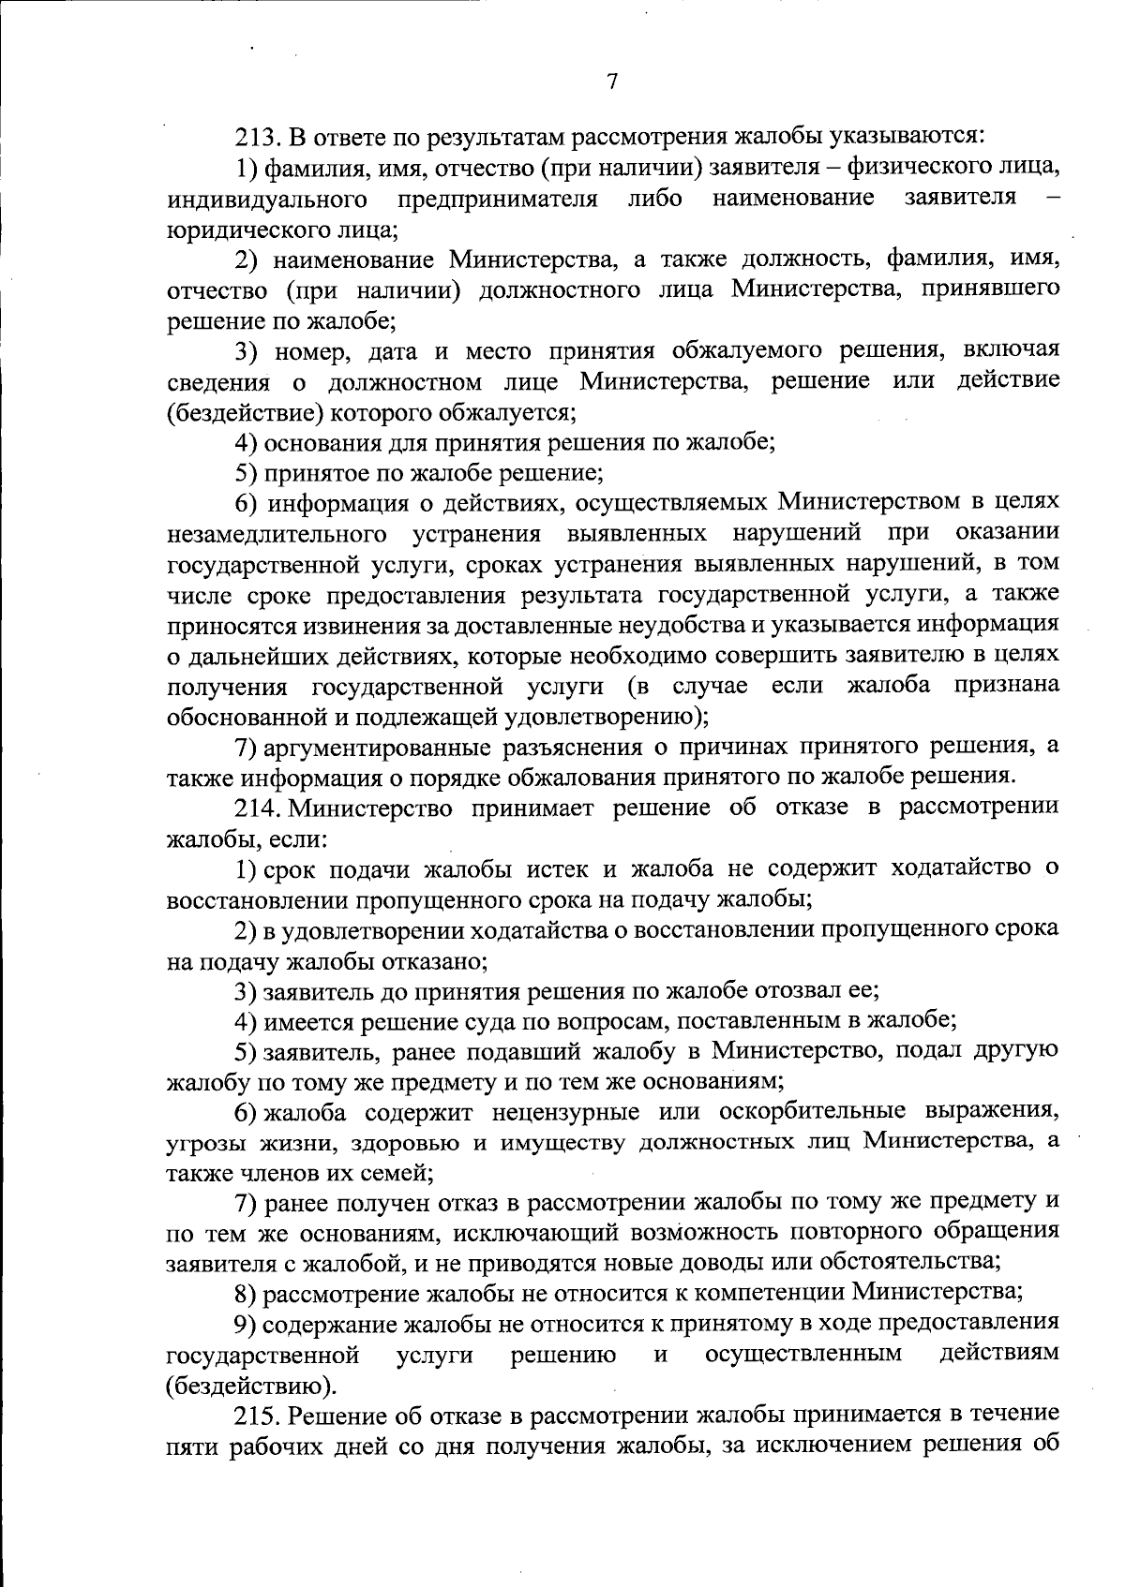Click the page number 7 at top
click(611, 82)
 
